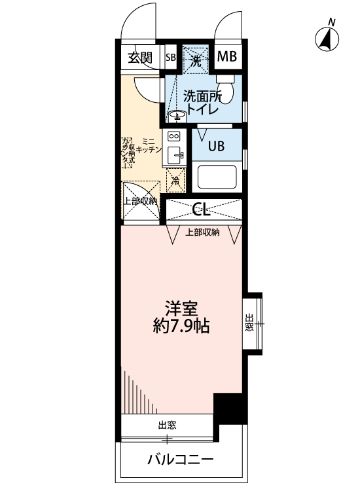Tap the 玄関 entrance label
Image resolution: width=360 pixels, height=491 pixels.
(x=139, y=58)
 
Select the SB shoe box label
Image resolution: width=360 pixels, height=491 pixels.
(x=171, y=58)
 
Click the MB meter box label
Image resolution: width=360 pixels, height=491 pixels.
(x=226, y=58)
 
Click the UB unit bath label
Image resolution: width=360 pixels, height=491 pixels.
(x=216, y=146)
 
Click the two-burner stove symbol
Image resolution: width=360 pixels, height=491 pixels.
(x=174, y=137)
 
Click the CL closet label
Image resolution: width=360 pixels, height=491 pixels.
(x=202, y=209)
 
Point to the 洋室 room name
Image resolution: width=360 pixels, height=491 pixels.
(x=181, y=307)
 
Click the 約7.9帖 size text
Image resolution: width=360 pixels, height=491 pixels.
(x=181, y=326)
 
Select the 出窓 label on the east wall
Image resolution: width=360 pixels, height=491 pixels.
(x=249, y=323)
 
